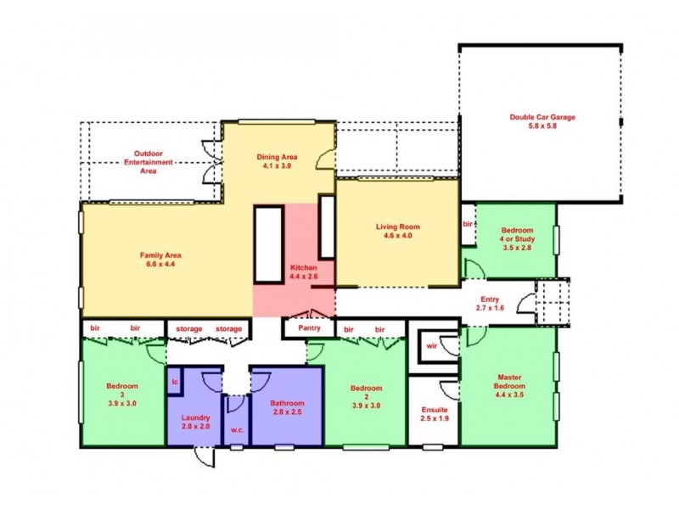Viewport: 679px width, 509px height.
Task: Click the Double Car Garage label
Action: [x=539, y=120]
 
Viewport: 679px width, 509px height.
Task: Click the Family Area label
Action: [x=161, y=259]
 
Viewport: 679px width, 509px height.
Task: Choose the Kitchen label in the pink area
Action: [x=303, y=271]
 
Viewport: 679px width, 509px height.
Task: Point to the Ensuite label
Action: [x=434, y=414]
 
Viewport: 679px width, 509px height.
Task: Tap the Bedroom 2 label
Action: [x=366, y=394]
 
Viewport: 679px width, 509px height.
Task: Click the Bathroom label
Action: [x=286, y=408]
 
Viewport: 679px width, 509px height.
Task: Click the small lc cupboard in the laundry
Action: [x=175, y=382]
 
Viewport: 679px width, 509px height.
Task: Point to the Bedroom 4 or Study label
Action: [x=516, y=240]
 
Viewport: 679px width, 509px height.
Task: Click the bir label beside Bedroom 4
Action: [x=468, y=224]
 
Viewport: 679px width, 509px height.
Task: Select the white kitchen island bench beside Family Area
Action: [x=267, y=244]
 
